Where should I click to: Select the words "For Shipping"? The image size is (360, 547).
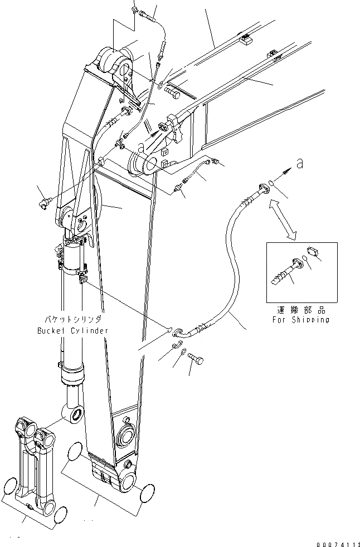[301, 320]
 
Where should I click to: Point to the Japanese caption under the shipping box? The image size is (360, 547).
[301, 310]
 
